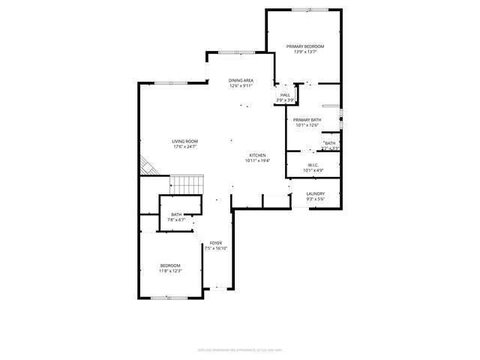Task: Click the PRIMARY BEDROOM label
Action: tap(305, 46)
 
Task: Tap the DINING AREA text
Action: tap(241, 80)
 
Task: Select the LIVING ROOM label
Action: tap(184, 141)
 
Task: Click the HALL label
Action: tap(285, 95)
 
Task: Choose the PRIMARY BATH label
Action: tap(307, 120)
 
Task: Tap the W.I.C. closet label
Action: tap(313, 165)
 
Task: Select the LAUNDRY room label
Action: tap(315, 193)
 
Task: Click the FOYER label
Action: tap(216, 243)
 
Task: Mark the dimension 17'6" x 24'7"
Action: tap(184, 147)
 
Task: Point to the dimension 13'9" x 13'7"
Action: tap(305, 52)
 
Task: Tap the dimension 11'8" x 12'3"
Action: tap(170, 271)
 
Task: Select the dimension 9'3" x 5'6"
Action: tap(315, 199)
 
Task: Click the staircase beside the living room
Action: tap(187, 184)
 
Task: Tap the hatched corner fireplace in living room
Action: tap(148, 166)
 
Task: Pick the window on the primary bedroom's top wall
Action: tap(309, 10)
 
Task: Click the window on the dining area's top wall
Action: tap(235, 52)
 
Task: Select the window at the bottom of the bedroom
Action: tap(169, 298)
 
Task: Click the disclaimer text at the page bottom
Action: tap(240, 349)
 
